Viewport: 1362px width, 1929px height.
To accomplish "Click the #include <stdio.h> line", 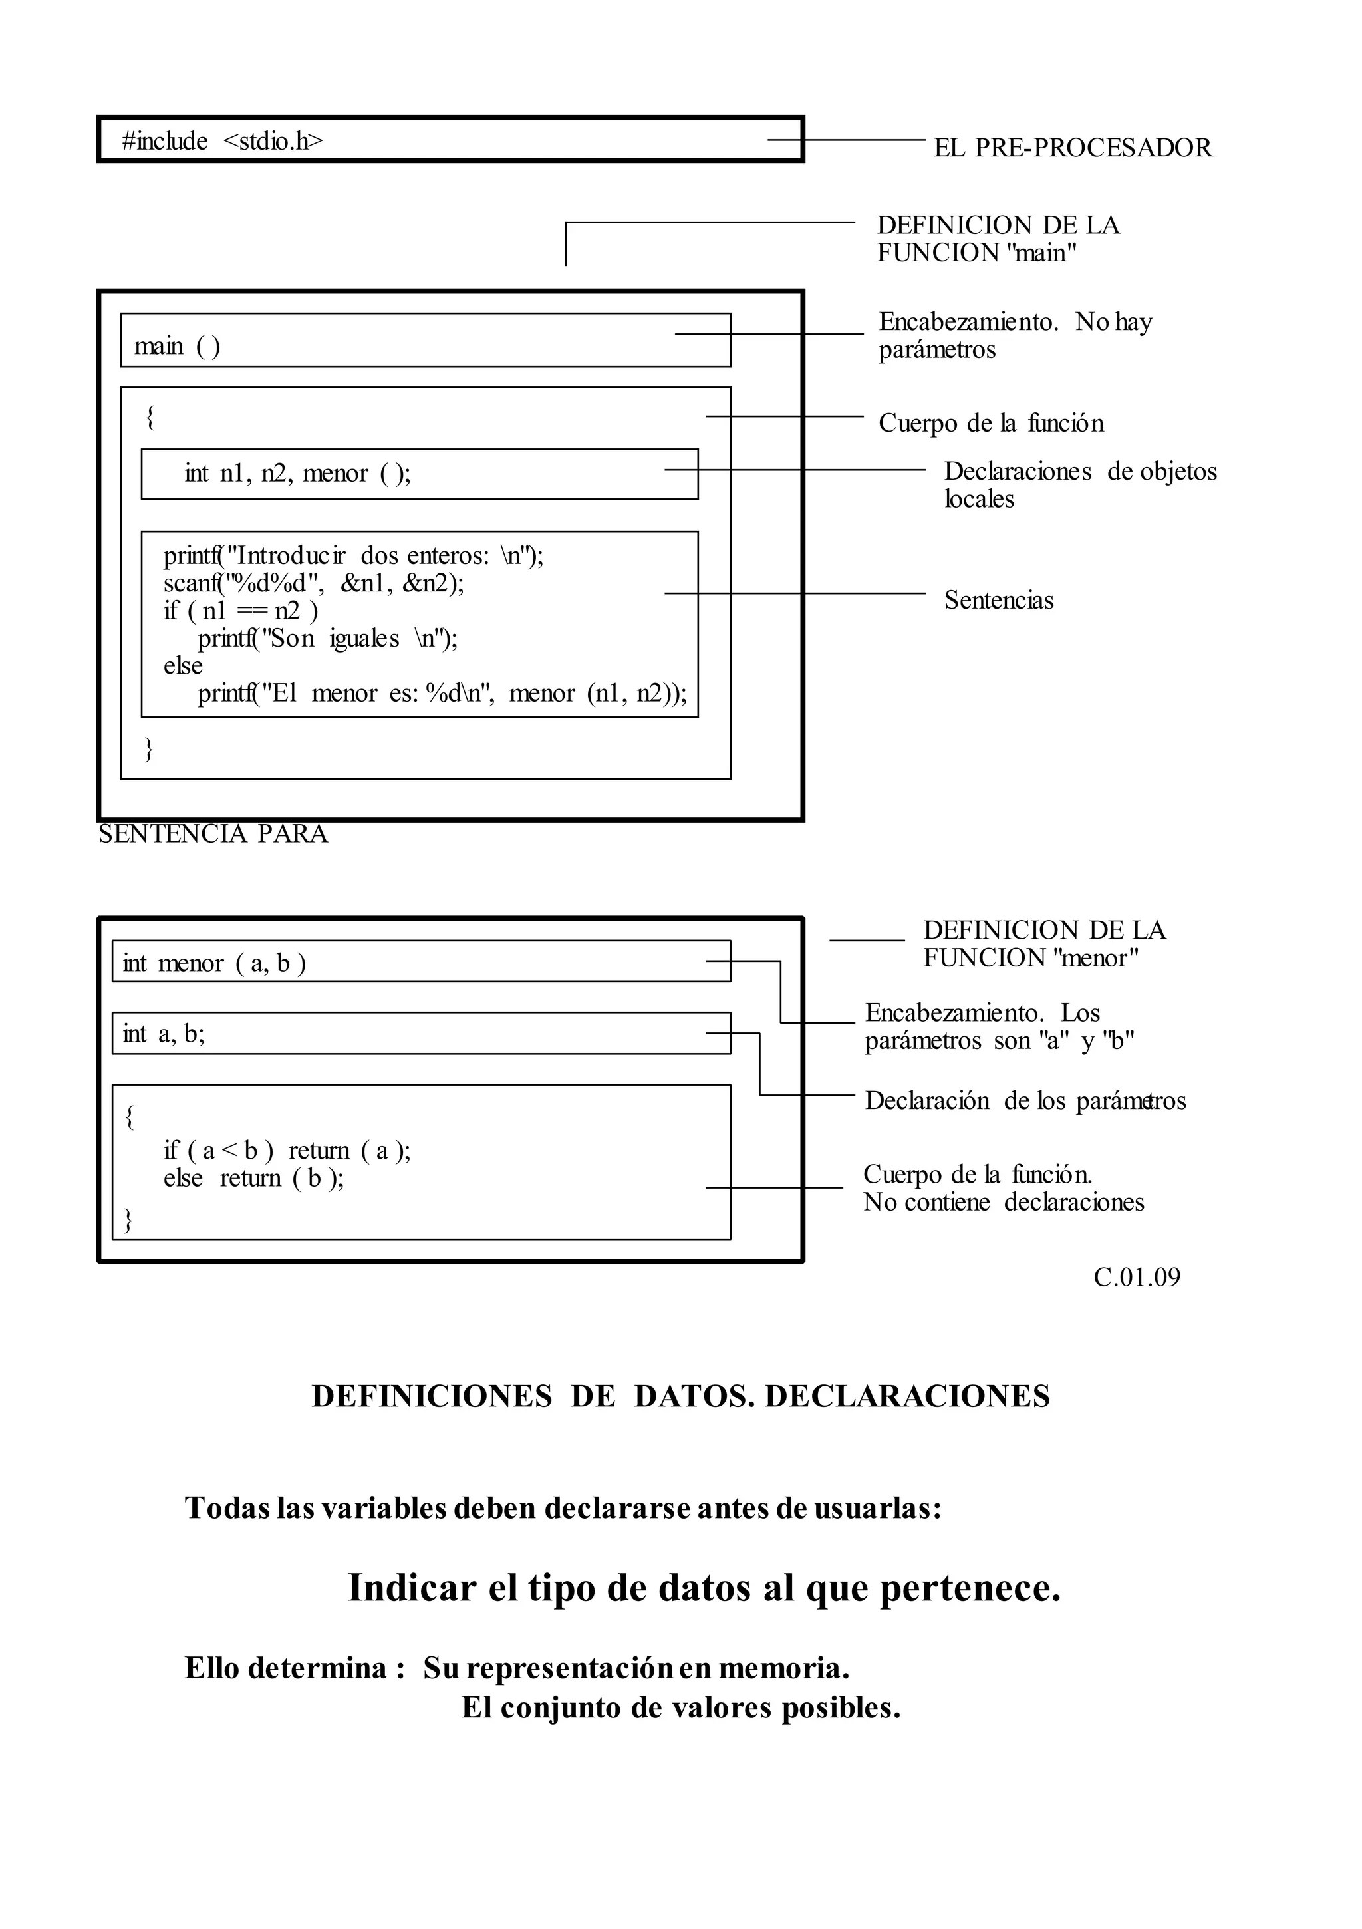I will click(222, 141).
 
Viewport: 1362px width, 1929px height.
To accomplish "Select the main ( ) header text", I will click(178, 345).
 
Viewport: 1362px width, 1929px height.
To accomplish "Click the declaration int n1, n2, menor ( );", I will click(297, 474).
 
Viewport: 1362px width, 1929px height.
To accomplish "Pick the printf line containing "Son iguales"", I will click(328, 639).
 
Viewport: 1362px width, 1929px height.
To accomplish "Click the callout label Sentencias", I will click(998, 600).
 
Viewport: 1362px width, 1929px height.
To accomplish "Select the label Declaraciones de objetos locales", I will click(1079, 485).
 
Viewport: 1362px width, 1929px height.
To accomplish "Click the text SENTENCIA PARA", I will click(213, 834).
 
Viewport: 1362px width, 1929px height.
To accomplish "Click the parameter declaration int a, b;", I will click(164, 1034).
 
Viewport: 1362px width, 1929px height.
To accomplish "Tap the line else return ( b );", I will click(254, 1178).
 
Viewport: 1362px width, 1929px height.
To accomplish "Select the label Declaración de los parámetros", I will click(1025, 1101).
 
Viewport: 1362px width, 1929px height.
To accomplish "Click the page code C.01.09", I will click(1136, 1277).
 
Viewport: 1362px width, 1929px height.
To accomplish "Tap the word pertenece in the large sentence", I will click(970, 1588).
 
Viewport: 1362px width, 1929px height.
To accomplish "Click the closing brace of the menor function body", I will click(128, 1219).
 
